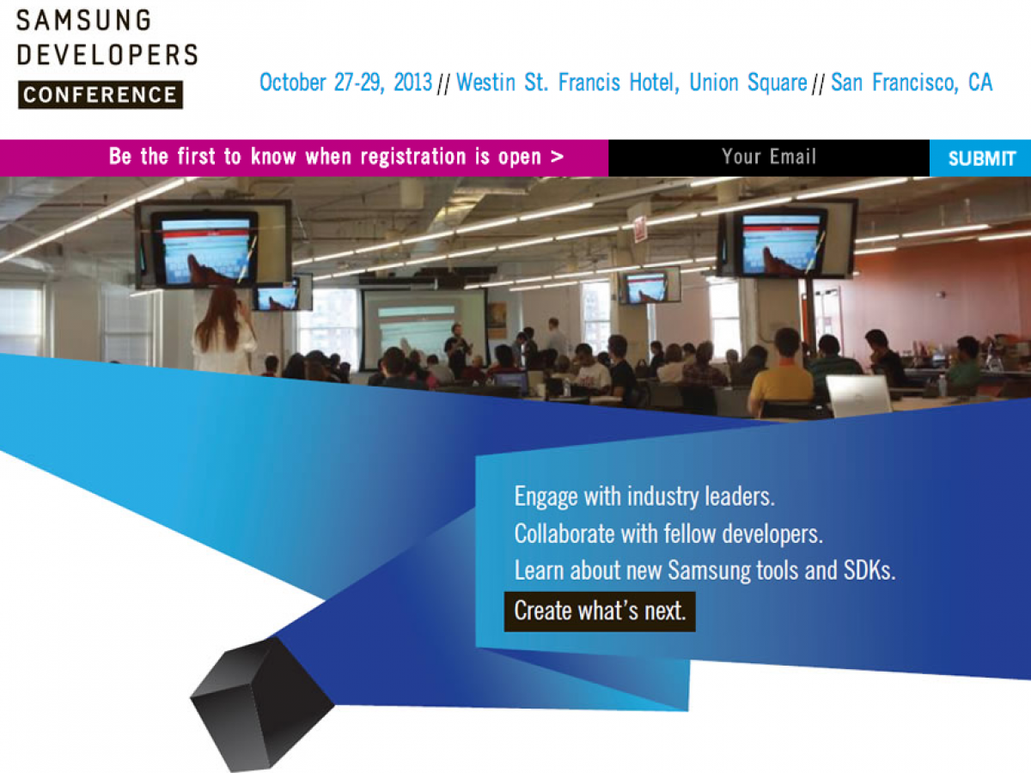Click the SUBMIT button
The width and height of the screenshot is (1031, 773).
[x=980, y=158]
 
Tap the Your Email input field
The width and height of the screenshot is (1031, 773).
[x=769, y=158]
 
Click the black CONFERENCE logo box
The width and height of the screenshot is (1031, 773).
[x=100, y=94]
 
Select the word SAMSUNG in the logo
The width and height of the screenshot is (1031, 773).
[x=84, y=21]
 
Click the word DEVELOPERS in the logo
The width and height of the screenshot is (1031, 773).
[x=107, y=55]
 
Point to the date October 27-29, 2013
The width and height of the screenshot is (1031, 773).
[x=345, y=82]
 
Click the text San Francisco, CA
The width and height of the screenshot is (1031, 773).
[x=912, y=82]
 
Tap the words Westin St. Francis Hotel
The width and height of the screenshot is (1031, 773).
[x=568, y=82]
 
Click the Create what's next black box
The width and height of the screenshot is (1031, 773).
[x=600, y=612]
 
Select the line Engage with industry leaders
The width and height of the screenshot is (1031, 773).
[x=644, y=496]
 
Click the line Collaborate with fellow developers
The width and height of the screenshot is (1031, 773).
[x=668, y=534]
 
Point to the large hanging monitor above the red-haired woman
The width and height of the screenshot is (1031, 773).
[x=213, y=246]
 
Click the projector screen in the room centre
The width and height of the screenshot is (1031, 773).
[x=424, y=329]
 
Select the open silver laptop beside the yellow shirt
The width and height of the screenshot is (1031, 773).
[x=857, y=395]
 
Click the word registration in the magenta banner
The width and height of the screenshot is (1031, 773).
[x=414, y=157]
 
